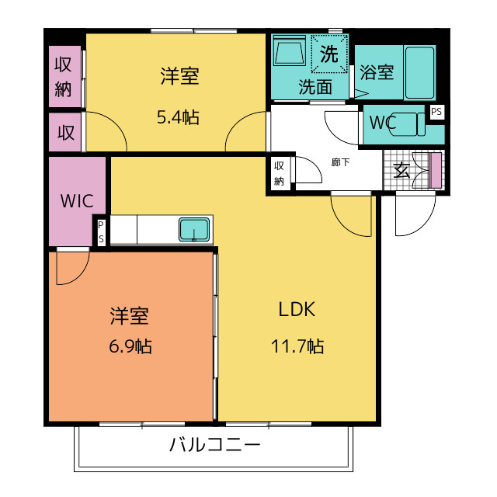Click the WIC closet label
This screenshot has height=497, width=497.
[77, 200]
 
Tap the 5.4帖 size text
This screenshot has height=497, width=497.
[178, 117]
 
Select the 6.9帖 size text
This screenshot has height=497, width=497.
[130, 346]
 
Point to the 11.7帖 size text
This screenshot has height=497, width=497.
[297, 346]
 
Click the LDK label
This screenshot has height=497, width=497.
[297, 309]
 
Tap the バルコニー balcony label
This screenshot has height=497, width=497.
[214, 444]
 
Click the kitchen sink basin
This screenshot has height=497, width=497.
[194, 230]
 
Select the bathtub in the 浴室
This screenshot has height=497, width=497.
[419, 72]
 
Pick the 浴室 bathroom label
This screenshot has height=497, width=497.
[377, 72]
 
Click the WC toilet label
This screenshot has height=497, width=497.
[383, 122]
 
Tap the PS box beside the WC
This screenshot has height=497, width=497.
[436, 112]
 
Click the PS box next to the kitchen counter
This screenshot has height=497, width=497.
[101, 231]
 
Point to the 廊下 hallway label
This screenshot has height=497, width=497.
[340, 162]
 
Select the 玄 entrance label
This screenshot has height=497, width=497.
[401, 171]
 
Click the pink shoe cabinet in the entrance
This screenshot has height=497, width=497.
[436, 170]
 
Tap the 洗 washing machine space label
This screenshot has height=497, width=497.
[329, 54]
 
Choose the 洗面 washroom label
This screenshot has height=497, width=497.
[315, 87]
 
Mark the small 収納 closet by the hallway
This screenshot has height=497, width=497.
[279, 173]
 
